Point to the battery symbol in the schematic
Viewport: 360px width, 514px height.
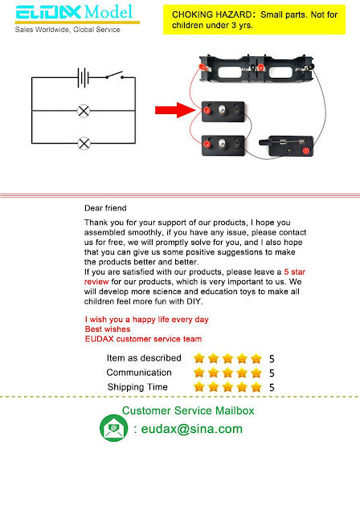82,78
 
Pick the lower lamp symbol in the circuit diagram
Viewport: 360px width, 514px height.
82,143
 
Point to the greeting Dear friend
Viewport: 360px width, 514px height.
105,208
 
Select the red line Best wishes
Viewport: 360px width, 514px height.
107,329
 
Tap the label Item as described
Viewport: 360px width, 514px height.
144,358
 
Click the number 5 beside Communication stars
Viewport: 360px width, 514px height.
272,373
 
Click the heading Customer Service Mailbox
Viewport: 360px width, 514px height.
187,411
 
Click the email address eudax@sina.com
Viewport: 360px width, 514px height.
191,429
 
